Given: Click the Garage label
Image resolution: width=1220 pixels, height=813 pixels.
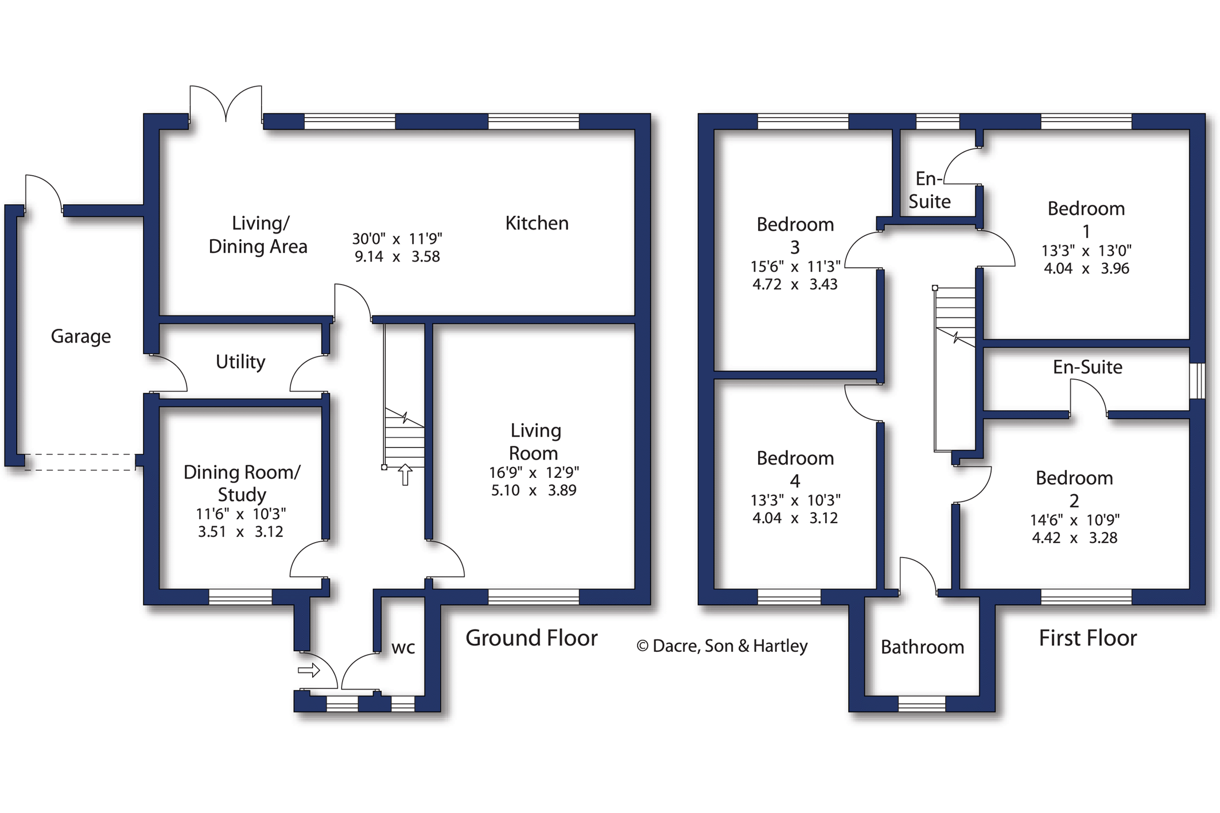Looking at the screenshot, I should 80,336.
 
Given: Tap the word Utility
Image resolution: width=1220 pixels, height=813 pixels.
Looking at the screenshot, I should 240,361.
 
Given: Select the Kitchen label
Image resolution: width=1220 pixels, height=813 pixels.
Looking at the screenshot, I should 537,223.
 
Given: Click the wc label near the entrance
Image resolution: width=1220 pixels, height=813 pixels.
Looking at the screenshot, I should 403,648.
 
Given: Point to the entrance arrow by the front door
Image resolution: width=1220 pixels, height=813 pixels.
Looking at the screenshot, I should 309,670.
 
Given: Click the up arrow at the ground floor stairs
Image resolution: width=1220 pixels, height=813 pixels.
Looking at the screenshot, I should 405,474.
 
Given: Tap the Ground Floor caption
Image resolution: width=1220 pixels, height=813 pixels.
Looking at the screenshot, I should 531,638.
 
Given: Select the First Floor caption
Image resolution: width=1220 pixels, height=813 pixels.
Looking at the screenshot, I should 1087,638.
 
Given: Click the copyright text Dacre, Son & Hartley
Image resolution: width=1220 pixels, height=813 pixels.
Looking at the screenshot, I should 722,646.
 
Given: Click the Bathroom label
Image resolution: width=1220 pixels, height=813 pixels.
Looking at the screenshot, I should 922,647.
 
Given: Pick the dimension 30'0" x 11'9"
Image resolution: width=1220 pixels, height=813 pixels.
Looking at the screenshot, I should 397,239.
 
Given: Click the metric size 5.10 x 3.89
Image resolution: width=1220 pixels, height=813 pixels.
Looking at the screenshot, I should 533,491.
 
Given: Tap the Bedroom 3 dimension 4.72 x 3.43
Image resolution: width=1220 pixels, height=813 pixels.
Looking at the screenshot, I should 795,285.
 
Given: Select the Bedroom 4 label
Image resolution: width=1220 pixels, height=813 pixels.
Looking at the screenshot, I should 795,469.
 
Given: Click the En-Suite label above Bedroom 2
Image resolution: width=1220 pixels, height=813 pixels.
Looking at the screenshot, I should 1087,367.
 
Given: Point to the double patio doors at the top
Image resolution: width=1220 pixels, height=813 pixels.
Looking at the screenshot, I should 226,106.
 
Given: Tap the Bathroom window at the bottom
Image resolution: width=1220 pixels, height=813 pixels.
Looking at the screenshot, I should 922,703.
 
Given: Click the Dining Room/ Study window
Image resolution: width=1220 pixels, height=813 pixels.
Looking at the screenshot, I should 240,597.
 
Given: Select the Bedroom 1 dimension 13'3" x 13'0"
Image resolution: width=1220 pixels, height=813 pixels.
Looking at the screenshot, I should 1086,251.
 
